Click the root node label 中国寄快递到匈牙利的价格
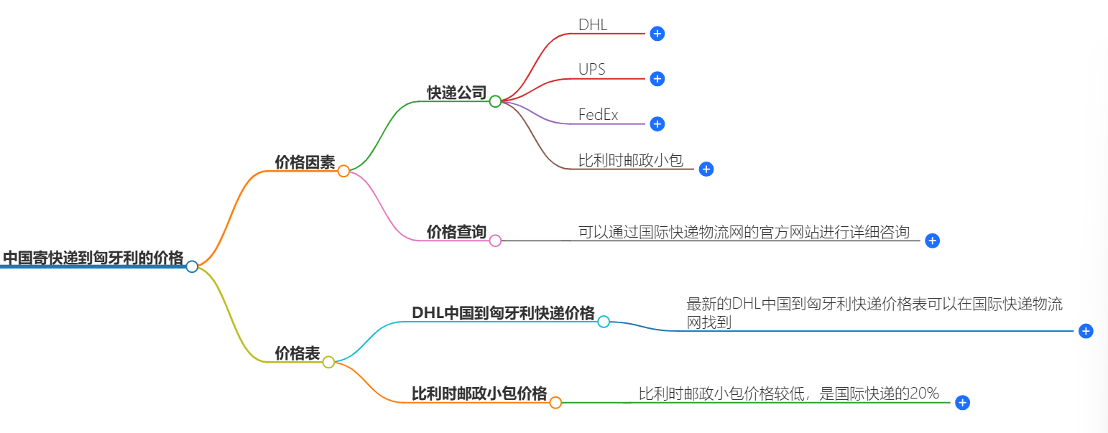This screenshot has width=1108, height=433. click(93, 258)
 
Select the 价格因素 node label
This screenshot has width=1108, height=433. click(305, 162)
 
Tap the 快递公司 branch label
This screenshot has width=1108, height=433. click(456, 93)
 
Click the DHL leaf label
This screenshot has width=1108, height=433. click(593, 24)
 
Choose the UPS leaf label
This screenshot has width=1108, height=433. click(592, 70)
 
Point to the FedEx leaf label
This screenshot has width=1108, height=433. click(598, 115)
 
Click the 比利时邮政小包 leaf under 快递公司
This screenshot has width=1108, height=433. click(630, 160)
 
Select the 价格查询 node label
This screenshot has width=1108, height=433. click(456, 232)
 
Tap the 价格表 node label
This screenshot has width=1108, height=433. click(297, 353)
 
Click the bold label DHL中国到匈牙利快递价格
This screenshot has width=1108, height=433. click(503, 313)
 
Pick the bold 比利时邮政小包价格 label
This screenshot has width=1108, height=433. click(479, 394)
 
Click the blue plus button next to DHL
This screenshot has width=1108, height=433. click(657, 34)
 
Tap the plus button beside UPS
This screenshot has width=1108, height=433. click(657, 79)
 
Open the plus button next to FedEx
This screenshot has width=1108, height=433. click(657, 124)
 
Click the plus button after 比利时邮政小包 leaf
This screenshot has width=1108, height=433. click(706, 169)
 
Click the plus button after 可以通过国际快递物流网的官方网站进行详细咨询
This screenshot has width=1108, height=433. click(932, 241)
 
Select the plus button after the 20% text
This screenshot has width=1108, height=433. click(963, 404)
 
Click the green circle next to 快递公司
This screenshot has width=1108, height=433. click(495, 102)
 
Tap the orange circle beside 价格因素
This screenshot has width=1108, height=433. click(343, 171)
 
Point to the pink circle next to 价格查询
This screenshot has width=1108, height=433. click(495, 241)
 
